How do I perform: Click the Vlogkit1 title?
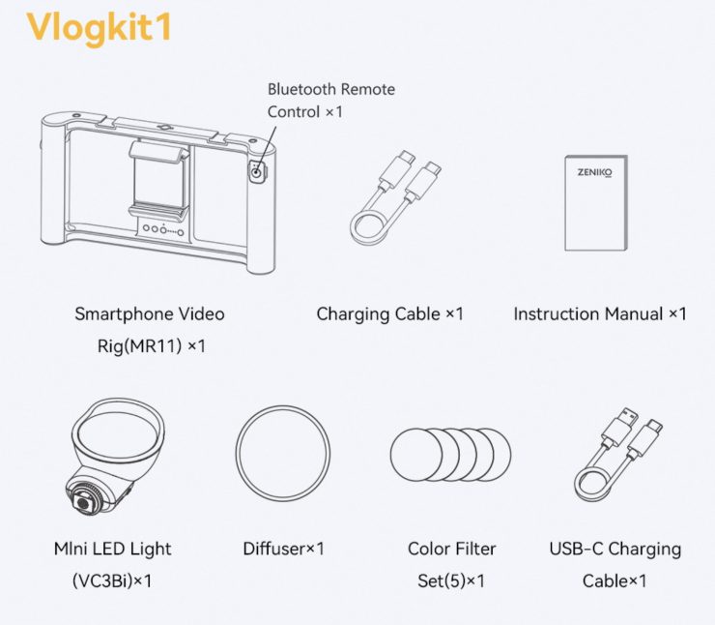tap(99, 28)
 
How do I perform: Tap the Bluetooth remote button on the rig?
tap(257, 173)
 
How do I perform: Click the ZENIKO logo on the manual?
tap(594, 172)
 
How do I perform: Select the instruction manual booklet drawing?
tap(596, 203)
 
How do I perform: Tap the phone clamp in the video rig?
tap(158, 179)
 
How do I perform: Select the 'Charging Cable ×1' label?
tap(389, 313)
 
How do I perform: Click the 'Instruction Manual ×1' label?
tap(600, 313)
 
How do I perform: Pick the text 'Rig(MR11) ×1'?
tap(152, 346)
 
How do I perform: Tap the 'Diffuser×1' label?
tap(283, 549)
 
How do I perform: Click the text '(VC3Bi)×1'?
tap(112, 580)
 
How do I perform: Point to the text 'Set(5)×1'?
tap(451, 580)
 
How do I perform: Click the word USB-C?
tap(576, 549)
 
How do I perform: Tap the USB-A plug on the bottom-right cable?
tap(621, 425)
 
